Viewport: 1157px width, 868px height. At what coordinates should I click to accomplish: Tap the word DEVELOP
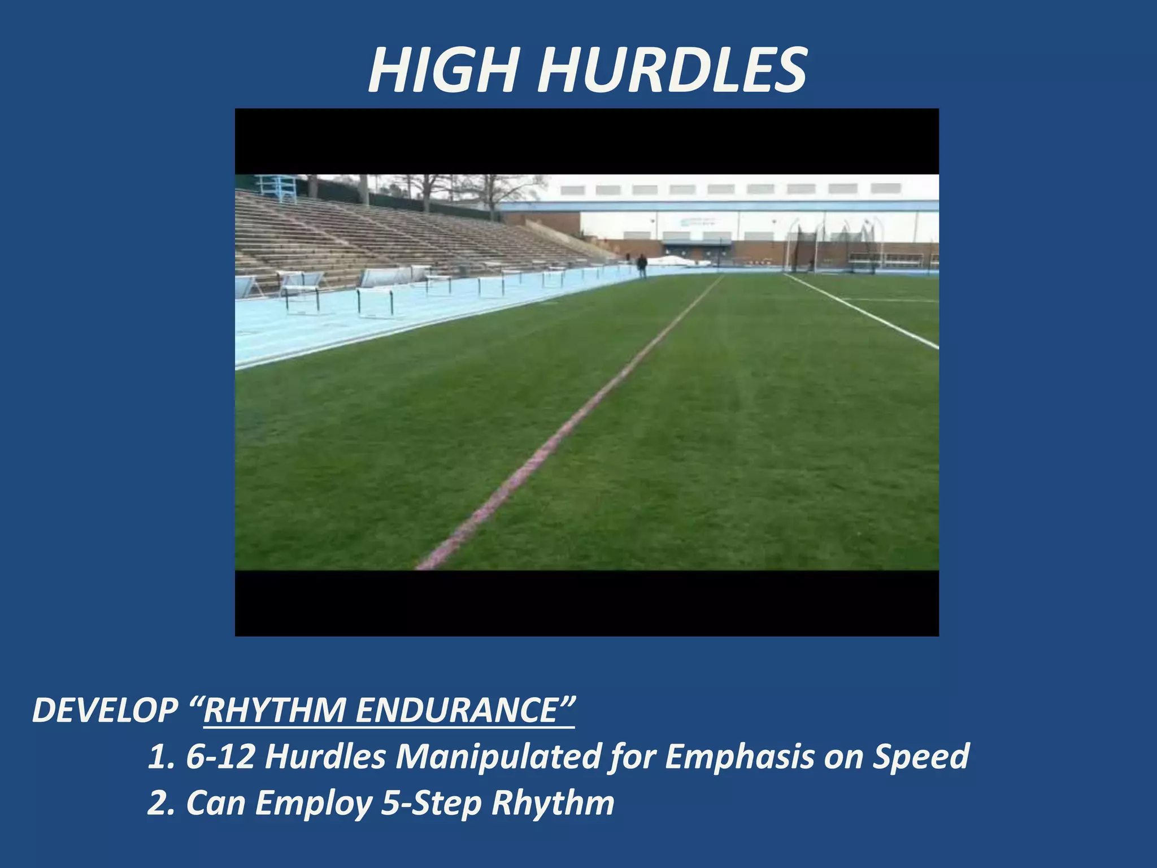tap(105, 710)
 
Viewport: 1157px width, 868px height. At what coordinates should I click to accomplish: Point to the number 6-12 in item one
tap(220, 757)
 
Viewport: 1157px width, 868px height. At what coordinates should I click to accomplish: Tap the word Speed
tap(921, 757)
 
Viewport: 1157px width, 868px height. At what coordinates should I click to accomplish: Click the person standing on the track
tap(642, 265)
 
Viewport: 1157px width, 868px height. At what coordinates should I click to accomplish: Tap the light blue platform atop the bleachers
tap(276, 188)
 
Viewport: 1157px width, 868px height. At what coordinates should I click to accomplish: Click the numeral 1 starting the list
tap(156, 757)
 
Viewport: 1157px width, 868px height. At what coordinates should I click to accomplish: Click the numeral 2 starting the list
tap(157, 803)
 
